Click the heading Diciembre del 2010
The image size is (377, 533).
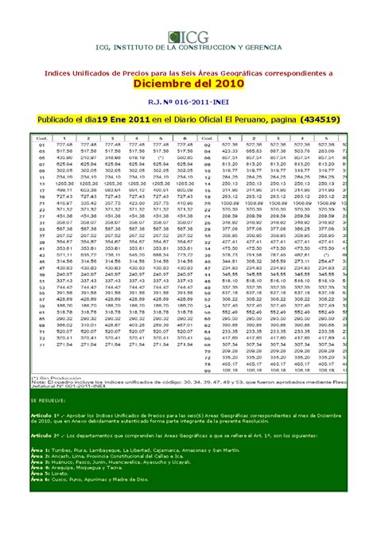point(188,83)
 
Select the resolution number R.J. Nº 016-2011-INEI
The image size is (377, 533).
point(188,100)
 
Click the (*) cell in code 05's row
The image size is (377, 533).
point(161,157)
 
